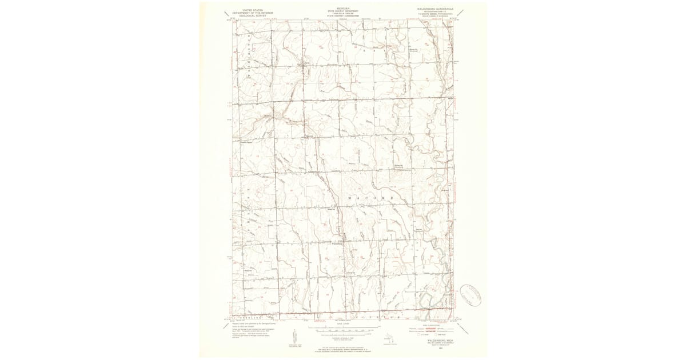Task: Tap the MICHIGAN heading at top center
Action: pyautogui.click(x=342, y=9)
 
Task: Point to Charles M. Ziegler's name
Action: pyautogui.click(x=342, y=13)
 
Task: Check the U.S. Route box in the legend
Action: pyautogui.click(x=422, y=335)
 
